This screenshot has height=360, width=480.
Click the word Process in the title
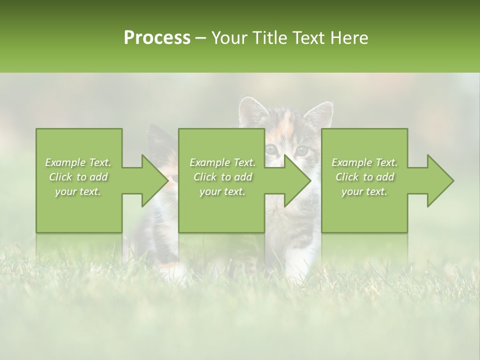point(157,38)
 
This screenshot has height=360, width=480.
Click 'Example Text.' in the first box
point(78,162)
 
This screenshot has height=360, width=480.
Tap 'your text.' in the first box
point(78,192)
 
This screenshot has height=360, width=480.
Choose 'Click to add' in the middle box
point(222,177)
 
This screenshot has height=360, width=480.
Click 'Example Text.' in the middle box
point(222,162)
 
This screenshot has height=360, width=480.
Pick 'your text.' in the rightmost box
point(364,192)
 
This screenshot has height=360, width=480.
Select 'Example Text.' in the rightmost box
point(364,162)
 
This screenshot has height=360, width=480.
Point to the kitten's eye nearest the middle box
point(271,148)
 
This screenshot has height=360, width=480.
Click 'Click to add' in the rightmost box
point(364,177)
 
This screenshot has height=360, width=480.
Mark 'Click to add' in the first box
point(78,177)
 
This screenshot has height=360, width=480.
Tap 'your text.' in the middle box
point(222,192)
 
